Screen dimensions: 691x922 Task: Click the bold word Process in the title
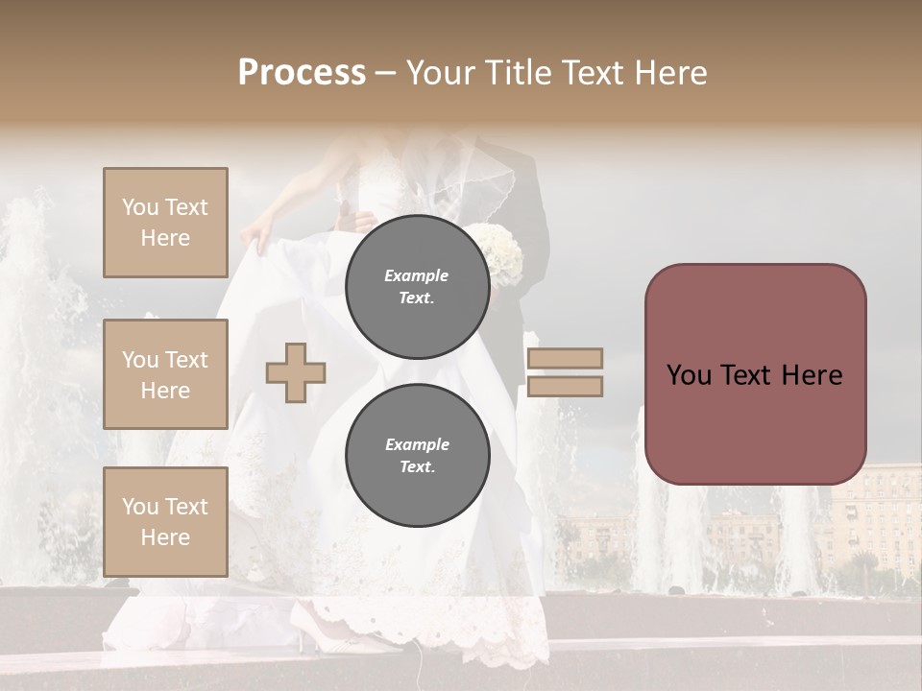[x=302, y=73]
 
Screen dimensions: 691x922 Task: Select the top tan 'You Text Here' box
[x=165, y=223]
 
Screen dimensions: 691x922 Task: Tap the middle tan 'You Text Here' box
[x=165, y=374]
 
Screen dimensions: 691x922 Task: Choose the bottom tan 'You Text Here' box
[x=165, y=522]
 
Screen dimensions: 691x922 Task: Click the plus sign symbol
[x=296, y=371]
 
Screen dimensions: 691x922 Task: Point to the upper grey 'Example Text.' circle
[x=417, y=287]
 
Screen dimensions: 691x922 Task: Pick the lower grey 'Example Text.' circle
[x=417, y=456]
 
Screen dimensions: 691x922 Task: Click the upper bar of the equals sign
[x=565, y=359]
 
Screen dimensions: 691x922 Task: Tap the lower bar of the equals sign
[x=565, y=387]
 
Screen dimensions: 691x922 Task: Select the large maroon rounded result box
[x=755, y=374]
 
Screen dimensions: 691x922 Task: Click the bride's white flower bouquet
[x=502, y=253]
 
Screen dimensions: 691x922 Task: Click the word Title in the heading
[x=520, y=73]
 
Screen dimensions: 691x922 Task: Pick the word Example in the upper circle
[x=417, y=276]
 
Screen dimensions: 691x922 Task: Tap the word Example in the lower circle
[x=417, y=445]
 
